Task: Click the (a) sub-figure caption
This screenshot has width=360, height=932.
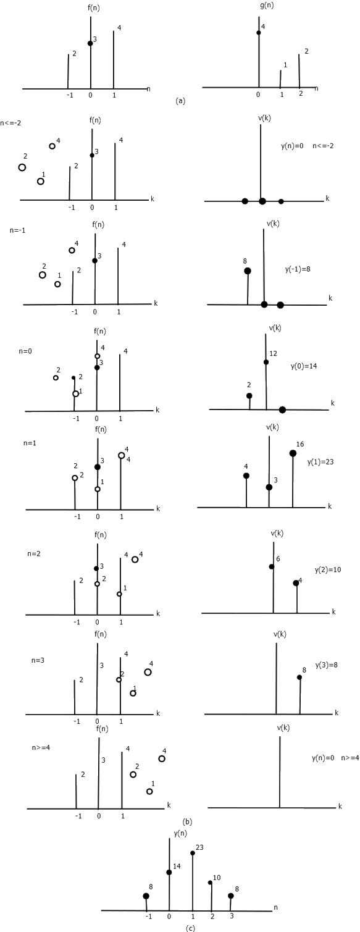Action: pyautogui.click(x=180, y=100)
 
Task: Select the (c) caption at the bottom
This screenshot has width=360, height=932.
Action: pyautogui.click(x=190, y=928)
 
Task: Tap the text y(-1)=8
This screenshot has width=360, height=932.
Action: pyautogui.click(x=298, y=269)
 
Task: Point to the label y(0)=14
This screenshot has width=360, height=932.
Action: pyautogui.click(x=304, y=366)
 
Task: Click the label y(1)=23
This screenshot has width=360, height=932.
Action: pyautogui.click(x=320, y=461)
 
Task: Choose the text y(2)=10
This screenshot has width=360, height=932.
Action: pyautogui.click(x=328, y=569)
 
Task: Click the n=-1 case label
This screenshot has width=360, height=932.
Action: pyautogui.click(x=17, y=230)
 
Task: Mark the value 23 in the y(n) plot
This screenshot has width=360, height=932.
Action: pyautogui.click(x=199, y=847)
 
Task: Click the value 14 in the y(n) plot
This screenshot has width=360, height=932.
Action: pyautogui.click(x=177, y=867)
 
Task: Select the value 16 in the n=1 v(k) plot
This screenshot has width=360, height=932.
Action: pyautogui.click(x=299, y=444)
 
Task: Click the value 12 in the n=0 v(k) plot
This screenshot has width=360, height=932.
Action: pyautogui.click(x=273, y=353)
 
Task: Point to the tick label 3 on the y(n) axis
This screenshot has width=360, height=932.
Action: pyautogui.click(x=232, y=916)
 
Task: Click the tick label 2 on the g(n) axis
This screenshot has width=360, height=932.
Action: pyautogui.click(x=301, y=94)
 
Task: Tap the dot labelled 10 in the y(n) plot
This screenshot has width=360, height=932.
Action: pyautogui.click(x=210, y=882)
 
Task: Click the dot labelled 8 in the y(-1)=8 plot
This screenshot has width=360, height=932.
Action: pyautogui.click(x=247, y=271)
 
